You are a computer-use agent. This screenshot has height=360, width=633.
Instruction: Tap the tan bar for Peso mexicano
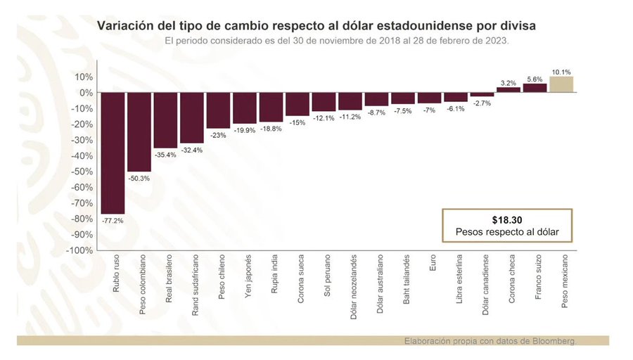point(561,84)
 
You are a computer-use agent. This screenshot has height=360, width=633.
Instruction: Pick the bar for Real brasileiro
point(165,120)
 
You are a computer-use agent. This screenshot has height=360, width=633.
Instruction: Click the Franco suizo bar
point(535,89)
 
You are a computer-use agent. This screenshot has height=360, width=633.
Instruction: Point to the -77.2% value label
point(113,220)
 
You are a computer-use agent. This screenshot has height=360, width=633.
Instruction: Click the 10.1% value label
point(561,72)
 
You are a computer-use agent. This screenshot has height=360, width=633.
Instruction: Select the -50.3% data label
point(139,178)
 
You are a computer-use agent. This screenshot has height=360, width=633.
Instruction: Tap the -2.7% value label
point(482,103)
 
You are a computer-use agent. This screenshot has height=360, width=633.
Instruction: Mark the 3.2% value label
point(509,83)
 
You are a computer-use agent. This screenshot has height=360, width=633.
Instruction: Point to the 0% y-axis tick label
point(86,93)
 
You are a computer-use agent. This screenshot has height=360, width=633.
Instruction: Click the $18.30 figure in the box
point(506,219)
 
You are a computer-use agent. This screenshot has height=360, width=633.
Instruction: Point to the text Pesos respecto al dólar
point(506,231)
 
